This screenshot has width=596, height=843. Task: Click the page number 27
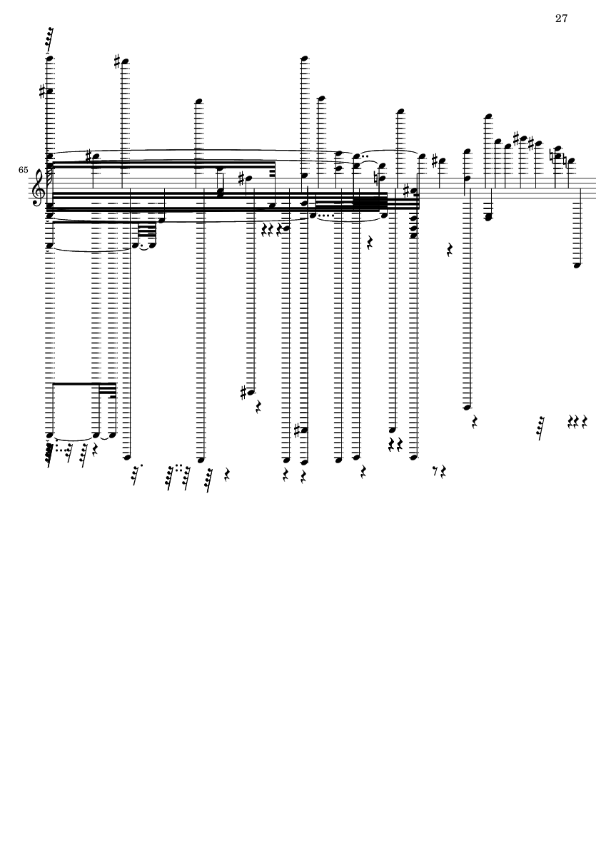560,19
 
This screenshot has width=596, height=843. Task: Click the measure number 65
24,171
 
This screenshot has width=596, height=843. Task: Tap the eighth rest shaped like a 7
436,471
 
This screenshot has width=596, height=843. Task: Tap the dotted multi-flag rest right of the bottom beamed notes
136,475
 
